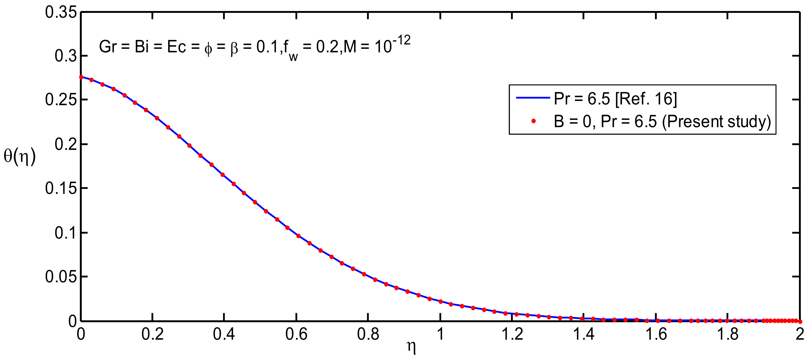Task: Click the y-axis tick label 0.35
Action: [x=61, y=13]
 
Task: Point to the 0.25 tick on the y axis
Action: [x=61, y=100]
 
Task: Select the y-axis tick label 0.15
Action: [x=61, y=188]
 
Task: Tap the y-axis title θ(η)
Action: [x=19, y=156]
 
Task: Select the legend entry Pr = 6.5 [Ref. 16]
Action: [x=615, y=99]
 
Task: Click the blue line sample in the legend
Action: [x=533, y=98]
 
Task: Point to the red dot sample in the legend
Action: [x=533, y=121]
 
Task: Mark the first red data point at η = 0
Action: [x=81, y=77]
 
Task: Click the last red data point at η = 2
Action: [x=800, y=321]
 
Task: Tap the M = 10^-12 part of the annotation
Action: [x=377, y=46]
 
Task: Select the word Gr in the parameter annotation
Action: [x=108, y=47]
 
